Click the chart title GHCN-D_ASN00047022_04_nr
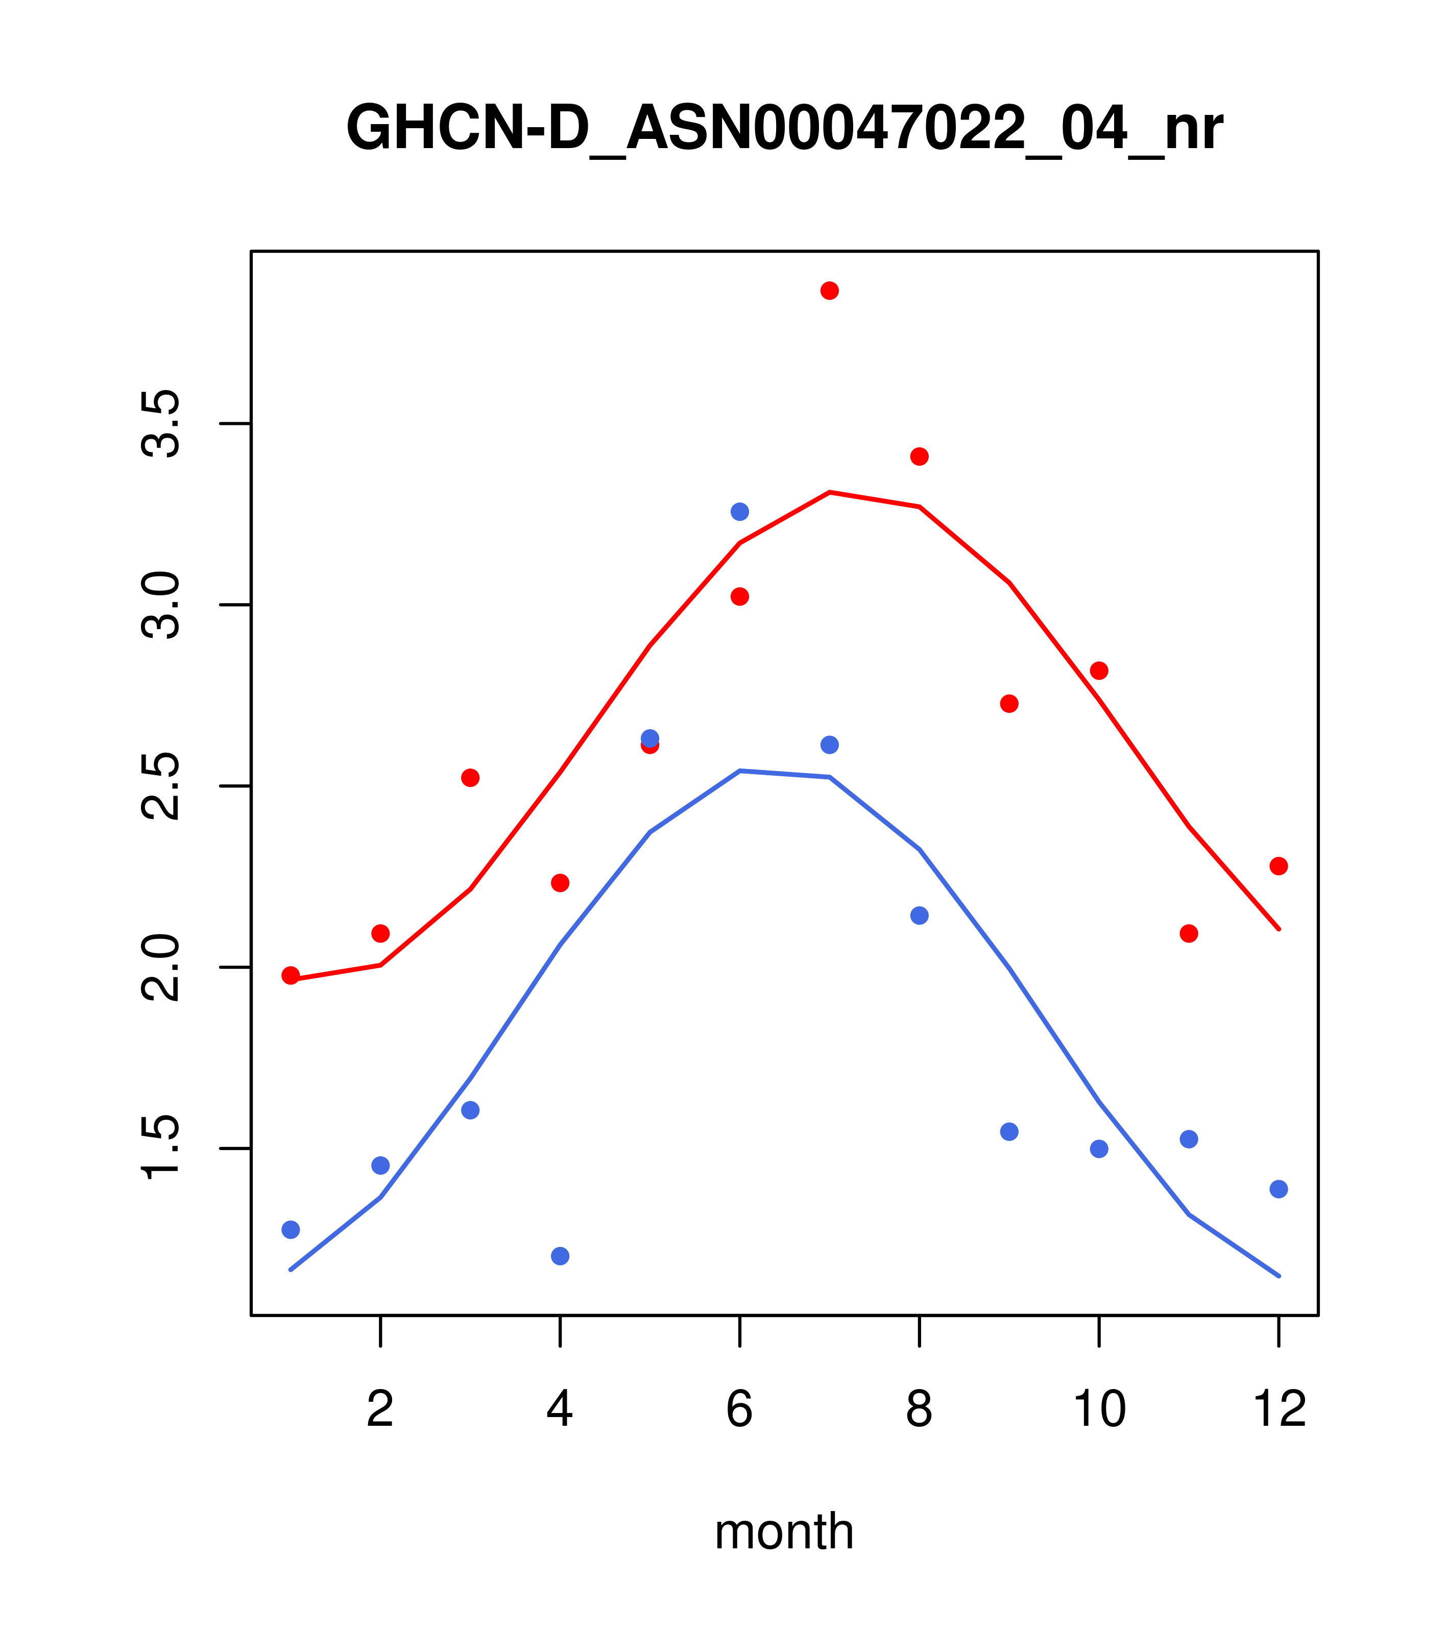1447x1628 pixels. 784,129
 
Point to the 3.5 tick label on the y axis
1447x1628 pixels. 161,424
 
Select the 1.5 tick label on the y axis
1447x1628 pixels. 161,1148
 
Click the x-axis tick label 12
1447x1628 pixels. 1279,1410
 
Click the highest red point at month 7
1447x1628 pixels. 829,291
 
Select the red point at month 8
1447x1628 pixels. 919,457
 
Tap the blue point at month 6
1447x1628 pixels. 740,511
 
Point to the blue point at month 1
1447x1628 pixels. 291,1230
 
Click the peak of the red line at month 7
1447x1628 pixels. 829,492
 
